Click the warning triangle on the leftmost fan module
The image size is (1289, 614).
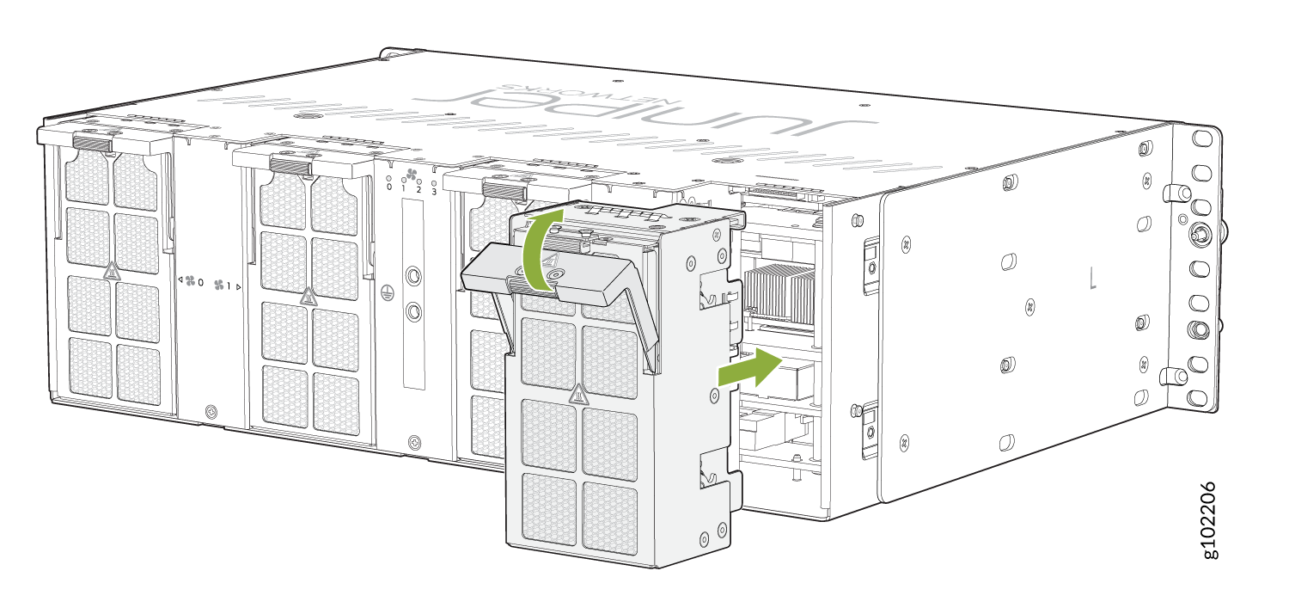tap(111, 273)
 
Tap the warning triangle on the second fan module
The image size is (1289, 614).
tap(307, 297)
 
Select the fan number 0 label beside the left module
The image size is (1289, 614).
tap(192, 281)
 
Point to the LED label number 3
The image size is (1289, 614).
tap(434, 190)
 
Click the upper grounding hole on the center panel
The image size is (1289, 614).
tap(412, 276)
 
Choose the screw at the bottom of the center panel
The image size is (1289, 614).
tap(414, 442)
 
